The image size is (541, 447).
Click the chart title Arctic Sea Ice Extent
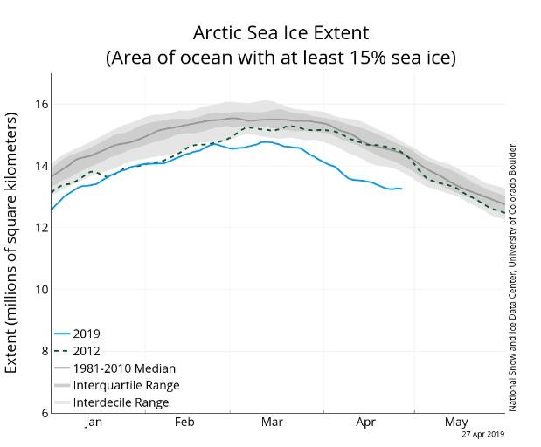pyautogui.click(x=281, y=33)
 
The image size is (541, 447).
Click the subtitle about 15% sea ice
pyautogui.click(x=281, y=58)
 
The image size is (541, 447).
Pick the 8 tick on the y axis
pyautogui.click(x=42, y=351)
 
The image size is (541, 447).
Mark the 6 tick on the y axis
pyautogui.click(x=42, y=413)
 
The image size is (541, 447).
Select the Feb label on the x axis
pyautogui.click(x=184, y=423)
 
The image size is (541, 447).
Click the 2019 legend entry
pyautogui.click(x=87, y=334)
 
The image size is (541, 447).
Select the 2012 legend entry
pyautogui.click(x=87, y=351)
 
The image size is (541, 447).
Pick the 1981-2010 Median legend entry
pyautogui.click(x=124, y=368)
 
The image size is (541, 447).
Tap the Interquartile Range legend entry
pyautogui.click(x=126, y=385)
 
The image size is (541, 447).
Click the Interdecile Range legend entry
pyautogui.click(x=121, y=402)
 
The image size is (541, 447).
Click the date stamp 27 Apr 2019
pyautogui.click(x=482, y=434)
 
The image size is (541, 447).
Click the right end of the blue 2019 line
pyautogui.click(x=401, y=189)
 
